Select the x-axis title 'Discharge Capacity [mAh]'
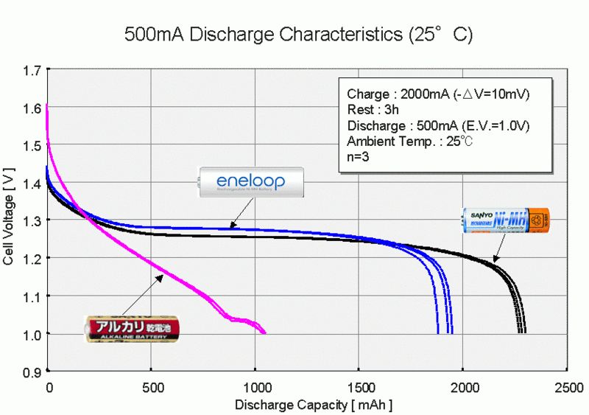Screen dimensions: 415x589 [314, 405]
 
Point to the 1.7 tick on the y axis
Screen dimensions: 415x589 [32, 71]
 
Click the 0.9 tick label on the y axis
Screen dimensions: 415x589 [32, 372]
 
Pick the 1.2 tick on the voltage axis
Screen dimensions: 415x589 [32, 259]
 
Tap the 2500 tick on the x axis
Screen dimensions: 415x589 [567, 387]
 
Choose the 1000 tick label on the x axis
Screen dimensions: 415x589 [255, 387]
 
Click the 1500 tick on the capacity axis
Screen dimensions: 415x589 [359, 387]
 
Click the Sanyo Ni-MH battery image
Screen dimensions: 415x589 [505, 219]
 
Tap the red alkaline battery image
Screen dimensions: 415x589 [130, 328]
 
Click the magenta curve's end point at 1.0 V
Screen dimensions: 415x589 [264, 333]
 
